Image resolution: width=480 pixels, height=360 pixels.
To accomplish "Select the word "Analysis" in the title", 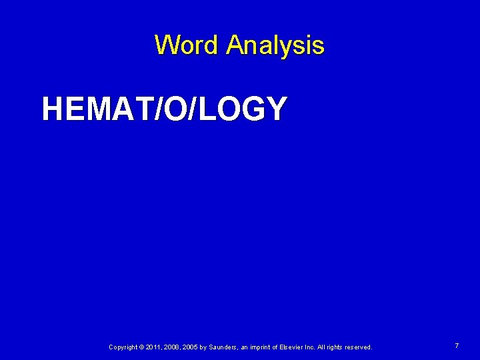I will pos(275,46).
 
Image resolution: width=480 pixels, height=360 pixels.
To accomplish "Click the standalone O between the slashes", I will pos(177,109).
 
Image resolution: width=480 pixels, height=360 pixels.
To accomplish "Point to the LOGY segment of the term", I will pos(243,109).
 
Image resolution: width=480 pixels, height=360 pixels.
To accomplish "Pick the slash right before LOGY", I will pos(194,109).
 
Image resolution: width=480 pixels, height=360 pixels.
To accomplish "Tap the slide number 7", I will pos(457,346).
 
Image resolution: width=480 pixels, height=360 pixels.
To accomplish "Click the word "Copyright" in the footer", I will pos(124,347).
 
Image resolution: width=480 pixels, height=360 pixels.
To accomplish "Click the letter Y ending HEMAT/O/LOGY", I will pos(277,109).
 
